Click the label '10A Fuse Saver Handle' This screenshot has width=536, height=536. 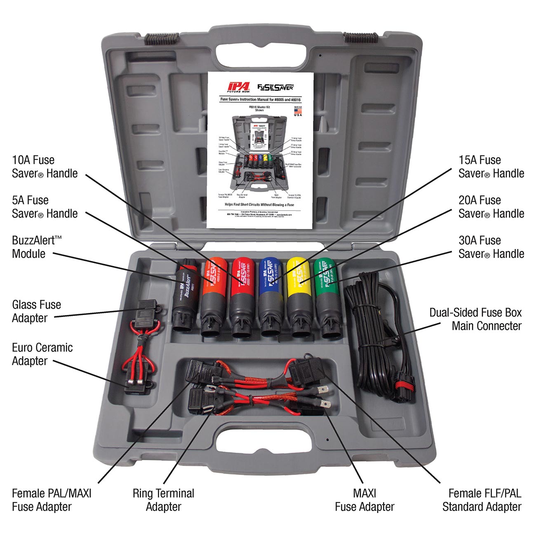(45, 167)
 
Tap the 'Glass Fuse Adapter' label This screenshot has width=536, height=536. (36, 311)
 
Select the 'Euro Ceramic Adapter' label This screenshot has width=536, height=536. (42, 354)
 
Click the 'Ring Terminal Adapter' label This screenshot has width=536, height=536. (163, 500)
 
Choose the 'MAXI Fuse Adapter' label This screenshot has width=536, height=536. (364, 500)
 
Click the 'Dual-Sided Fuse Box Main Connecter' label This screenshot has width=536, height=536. (475, 319)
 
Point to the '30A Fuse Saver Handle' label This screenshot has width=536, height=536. (491, 247)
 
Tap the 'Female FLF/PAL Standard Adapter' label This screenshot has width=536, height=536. (482, 500)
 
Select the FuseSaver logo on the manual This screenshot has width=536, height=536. (275, 87)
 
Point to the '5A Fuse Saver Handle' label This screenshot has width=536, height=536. (45, 207)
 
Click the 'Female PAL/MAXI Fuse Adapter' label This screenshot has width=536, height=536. (52, 500)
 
